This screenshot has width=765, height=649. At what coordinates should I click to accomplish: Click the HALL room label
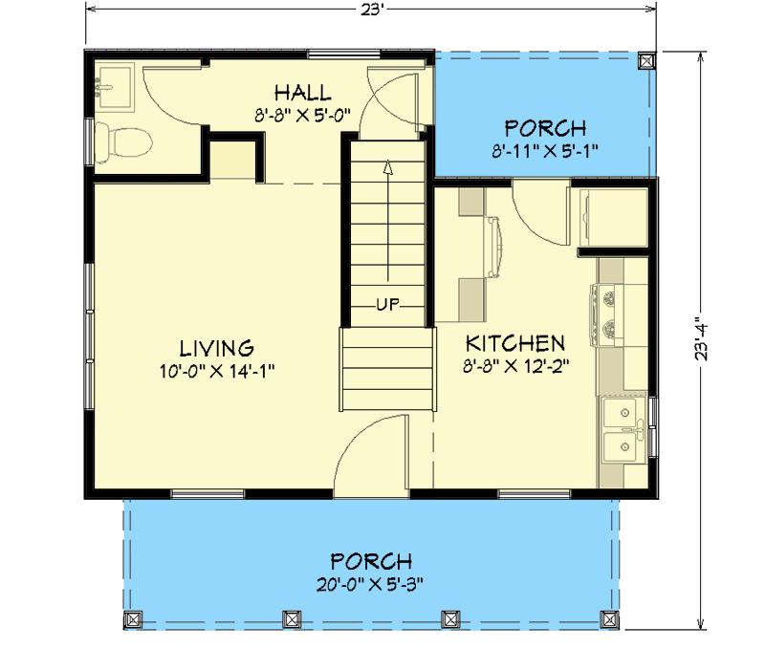pos(302,93)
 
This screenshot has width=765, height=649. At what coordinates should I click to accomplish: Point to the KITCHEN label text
pos(514,342)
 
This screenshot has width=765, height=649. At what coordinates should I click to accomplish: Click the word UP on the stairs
pos(386,305)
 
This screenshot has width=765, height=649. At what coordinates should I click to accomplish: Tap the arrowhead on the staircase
pos(387,167)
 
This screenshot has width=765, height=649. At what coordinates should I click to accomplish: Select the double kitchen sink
pos(623,430)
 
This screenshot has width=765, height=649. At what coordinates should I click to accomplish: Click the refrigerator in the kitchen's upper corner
pos(612,219)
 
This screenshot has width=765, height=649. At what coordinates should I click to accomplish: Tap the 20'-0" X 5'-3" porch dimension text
pos(371,582)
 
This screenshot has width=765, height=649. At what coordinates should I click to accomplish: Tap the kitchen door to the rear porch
pos(535,210)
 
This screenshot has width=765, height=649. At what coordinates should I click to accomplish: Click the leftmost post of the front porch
pos(133,618)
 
